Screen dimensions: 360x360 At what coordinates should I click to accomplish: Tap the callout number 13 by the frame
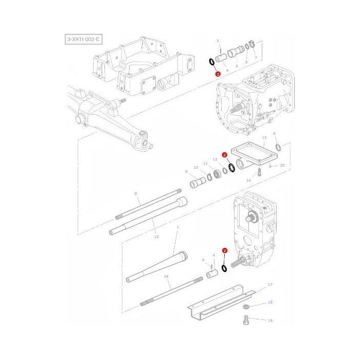[x=264, y=138]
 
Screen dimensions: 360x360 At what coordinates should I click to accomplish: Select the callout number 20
[x=282, y=166]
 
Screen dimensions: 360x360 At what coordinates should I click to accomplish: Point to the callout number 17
[x=270, y=284]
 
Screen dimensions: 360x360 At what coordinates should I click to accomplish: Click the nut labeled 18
[x=246, y=307]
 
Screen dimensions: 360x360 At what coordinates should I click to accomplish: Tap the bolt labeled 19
[x=246, y=321]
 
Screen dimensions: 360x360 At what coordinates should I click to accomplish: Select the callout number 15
[x=156, y=236]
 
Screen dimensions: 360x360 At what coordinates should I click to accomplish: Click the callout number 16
[x=166, y=277]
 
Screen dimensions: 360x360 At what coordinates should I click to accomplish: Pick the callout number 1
[x=177, y=227]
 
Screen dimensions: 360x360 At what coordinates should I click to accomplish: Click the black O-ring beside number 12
[x=232, y=168]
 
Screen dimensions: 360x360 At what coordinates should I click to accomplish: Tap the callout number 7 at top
[x=255, y=58]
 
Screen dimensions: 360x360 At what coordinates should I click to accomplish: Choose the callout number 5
[x=236, y=66]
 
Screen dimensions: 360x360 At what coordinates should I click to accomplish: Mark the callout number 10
[x=195, y=168]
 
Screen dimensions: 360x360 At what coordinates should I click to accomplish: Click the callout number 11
[x=206, y=163]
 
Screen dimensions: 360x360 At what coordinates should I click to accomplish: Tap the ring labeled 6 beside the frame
[x=278, y=149]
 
